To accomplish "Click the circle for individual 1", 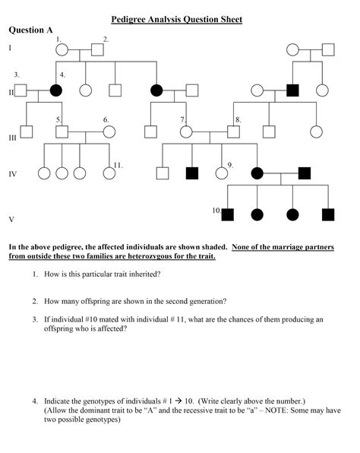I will [x=63, y=51].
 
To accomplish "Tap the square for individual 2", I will [x=97, y=51].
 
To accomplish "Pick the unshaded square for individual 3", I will [x=21, y=90].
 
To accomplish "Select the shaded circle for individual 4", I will [x=55, y=90].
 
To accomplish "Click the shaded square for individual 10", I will [x=227, y=214].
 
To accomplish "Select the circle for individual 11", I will [x=110, y=173].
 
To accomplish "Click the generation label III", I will [x=12, y=138].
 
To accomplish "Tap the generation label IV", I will [x=12, y=174].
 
